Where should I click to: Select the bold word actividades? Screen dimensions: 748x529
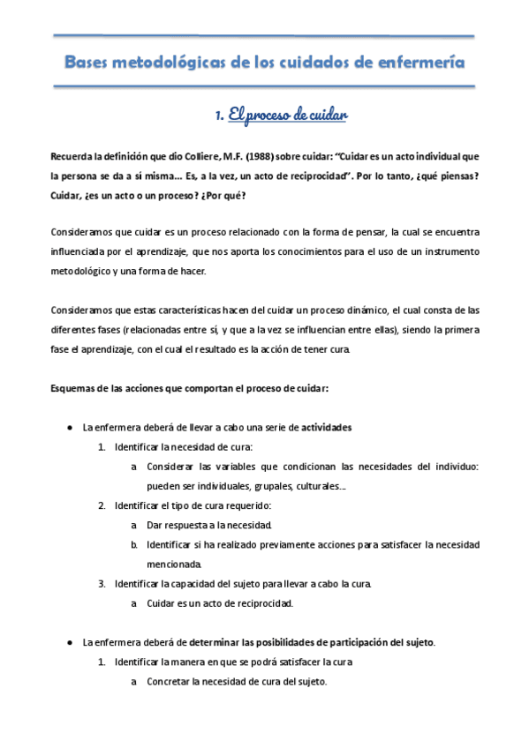pyautogui.click(x=327, y=427)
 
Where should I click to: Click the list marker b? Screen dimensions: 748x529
pyautogui.click(x=133, y=545)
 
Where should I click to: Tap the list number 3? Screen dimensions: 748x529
pyautogui.click(x=102, y=584)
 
